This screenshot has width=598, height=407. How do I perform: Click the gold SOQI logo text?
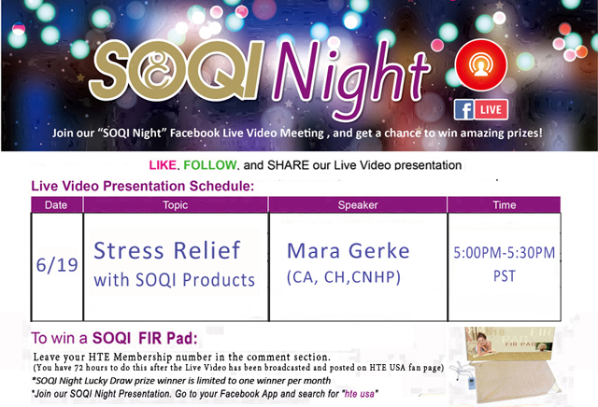click(177, 71)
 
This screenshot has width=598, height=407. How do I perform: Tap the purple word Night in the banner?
click(351, 77)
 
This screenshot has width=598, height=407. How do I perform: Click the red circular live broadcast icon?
click(481, 64)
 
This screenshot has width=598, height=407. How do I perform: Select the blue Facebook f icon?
click(464, 110)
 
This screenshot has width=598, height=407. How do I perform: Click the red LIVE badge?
click(491, 110)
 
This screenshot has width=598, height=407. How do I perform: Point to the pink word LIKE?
click(163, 165)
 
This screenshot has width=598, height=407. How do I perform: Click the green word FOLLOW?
click(209, 165)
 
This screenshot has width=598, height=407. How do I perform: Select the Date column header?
click(56, 204)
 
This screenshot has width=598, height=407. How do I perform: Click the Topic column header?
click(176, 204)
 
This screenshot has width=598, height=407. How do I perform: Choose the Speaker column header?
click(358, 204)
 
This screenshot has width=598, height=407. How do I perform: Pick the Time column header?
click(505, 204)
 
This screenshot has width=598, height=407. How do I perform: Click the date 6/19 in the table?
click(57, 265)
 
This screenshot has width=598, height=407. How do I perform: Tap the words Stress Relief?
click(167, 250)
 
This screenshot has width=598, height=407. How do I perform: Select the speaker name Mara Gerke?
click(349, 251)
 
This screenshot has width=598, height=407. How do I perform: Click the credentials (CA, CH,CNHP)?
click(344, 277)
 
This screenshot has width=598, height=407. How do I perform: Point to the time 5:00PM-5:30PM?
click(505, 253)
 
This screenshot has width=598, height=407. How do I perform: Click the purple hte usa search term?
click(359, 394)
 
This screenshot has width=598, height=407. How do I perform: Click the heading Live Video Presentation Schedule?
click(143, 186)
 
